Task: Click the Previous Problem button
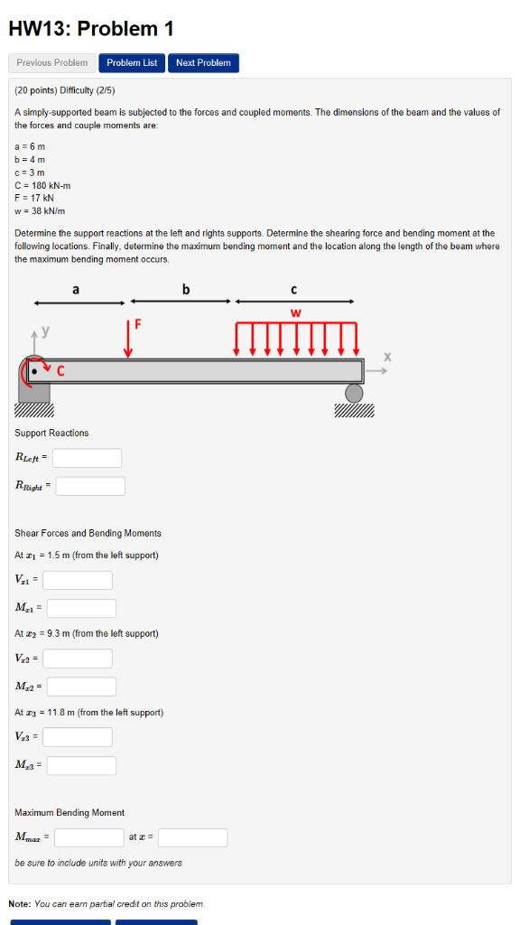click(x=52, y=63)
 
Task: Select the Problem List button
click(x=132, y=63)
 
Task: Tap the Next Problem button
click(x=203, y=63)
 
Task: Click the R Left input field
click(x=87, y=458)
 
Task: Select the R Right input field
click(x=90, y=486)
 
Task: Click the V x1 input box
click(x=78, y=580)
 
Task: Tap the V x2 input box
click(x=78, y=659)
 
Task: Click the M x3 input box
click(x=81, y=765)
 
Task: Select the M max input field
click(x=88, y=837)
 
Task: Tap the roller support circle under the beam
click(x=354, y=392)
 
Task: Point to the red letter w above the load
click(x=295, y=313)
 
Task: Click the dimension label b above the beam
click(x=186, y=290)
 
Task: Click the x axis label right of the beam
click(x=387, y=359)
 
